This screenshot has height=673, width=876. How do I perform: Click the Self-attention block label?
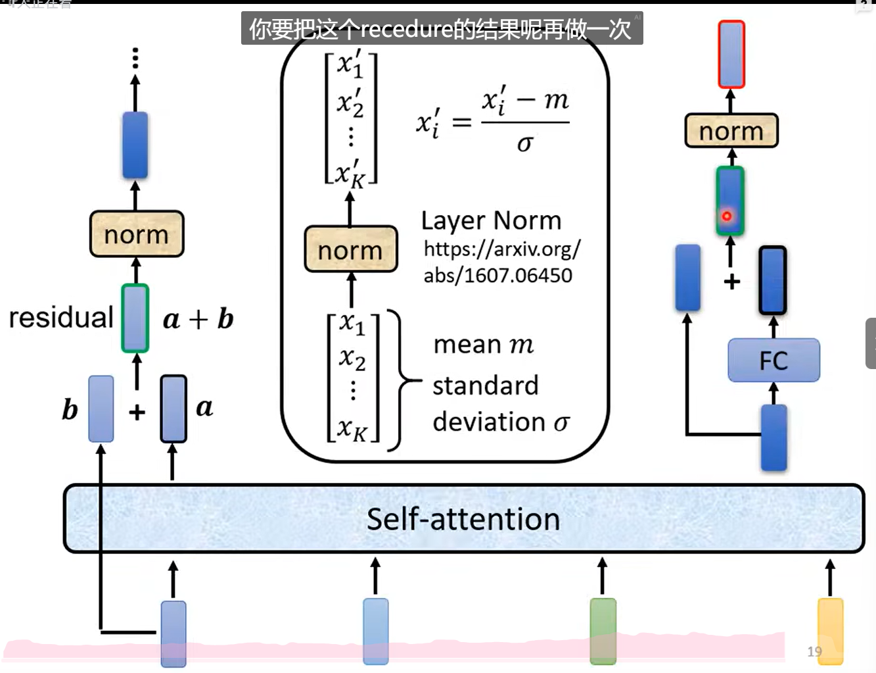pos(463,519)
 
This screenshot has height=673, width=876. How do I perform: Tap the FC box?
pos(773,361)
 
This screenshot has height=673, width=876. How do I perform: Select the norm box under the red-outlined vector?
pos(731,131)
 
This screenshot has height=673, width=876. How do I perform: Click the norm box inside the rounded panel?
pos(351,250)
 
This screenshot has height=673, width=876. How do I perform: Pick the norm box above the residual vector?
pos(137,234)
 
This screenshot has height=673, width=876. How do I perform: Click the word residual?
pos(61,318)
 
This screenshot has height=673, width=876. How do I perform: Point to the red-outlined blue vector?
pos(731,55)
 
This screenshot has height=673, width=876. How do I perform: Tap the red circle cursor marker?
pos(727,216)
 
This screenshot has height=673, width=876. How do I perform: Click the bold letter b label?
pos(70,410)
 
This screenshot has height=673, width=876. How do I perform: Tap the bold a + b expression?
pos(198,319)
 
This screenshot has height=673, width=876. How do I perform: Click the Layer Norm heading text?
pos(491,220)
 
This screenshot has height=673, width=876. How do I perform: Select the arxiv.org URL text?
pos(501,262)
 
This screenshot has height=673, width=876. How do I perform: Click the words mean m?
pos(483,344)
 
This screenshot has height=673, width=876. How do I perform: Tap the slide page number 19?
pos(814,651)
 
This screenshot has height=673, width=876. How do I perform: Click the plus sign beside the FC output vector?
pos(731,282)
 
